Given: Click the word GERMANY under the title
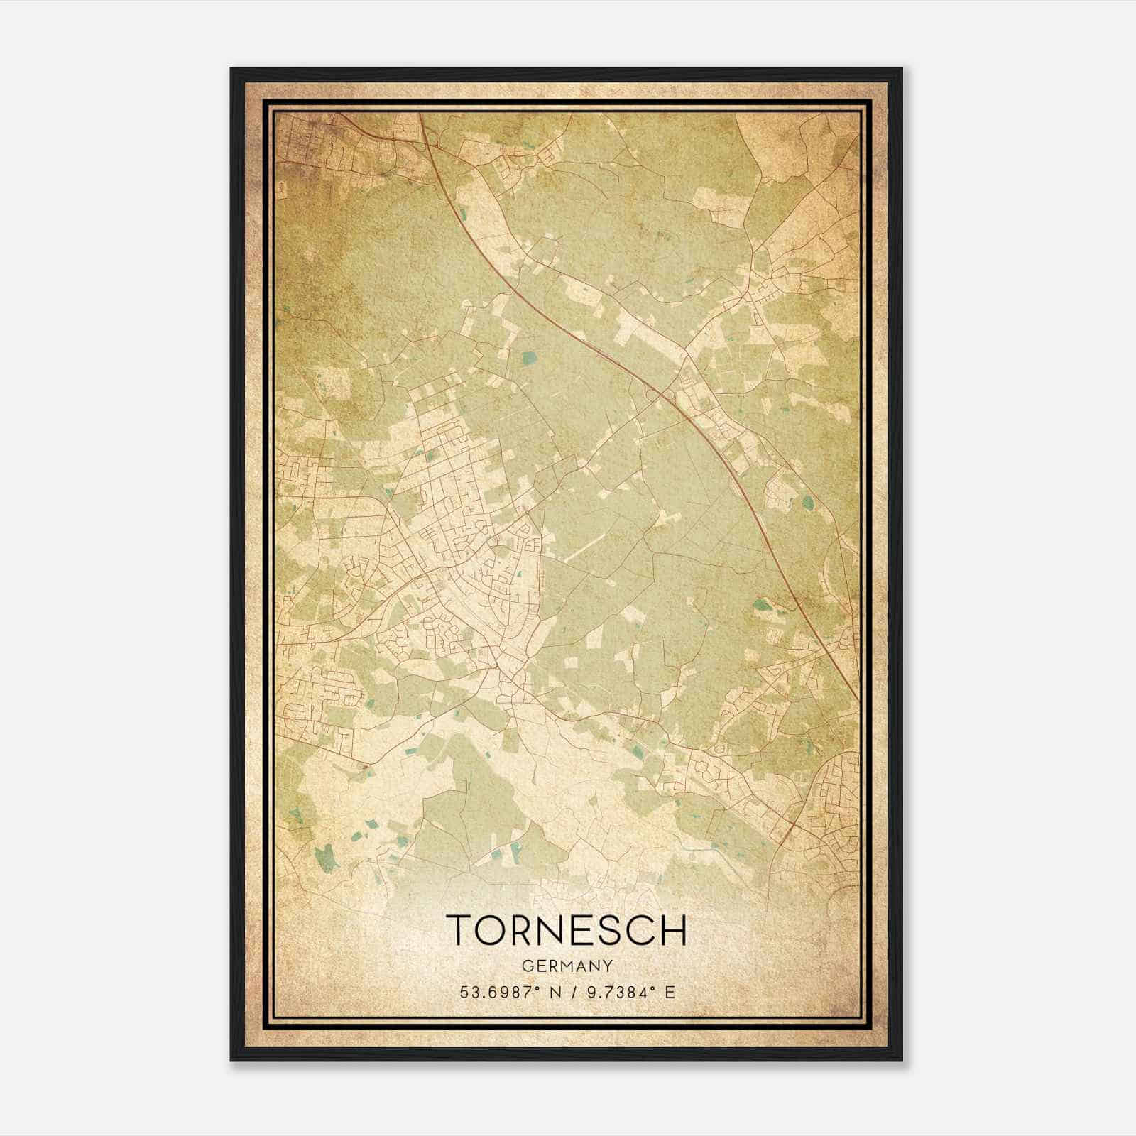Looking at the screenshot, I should coord(567,966).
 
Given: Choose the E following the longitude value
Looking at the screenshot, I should coord(670,992).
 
